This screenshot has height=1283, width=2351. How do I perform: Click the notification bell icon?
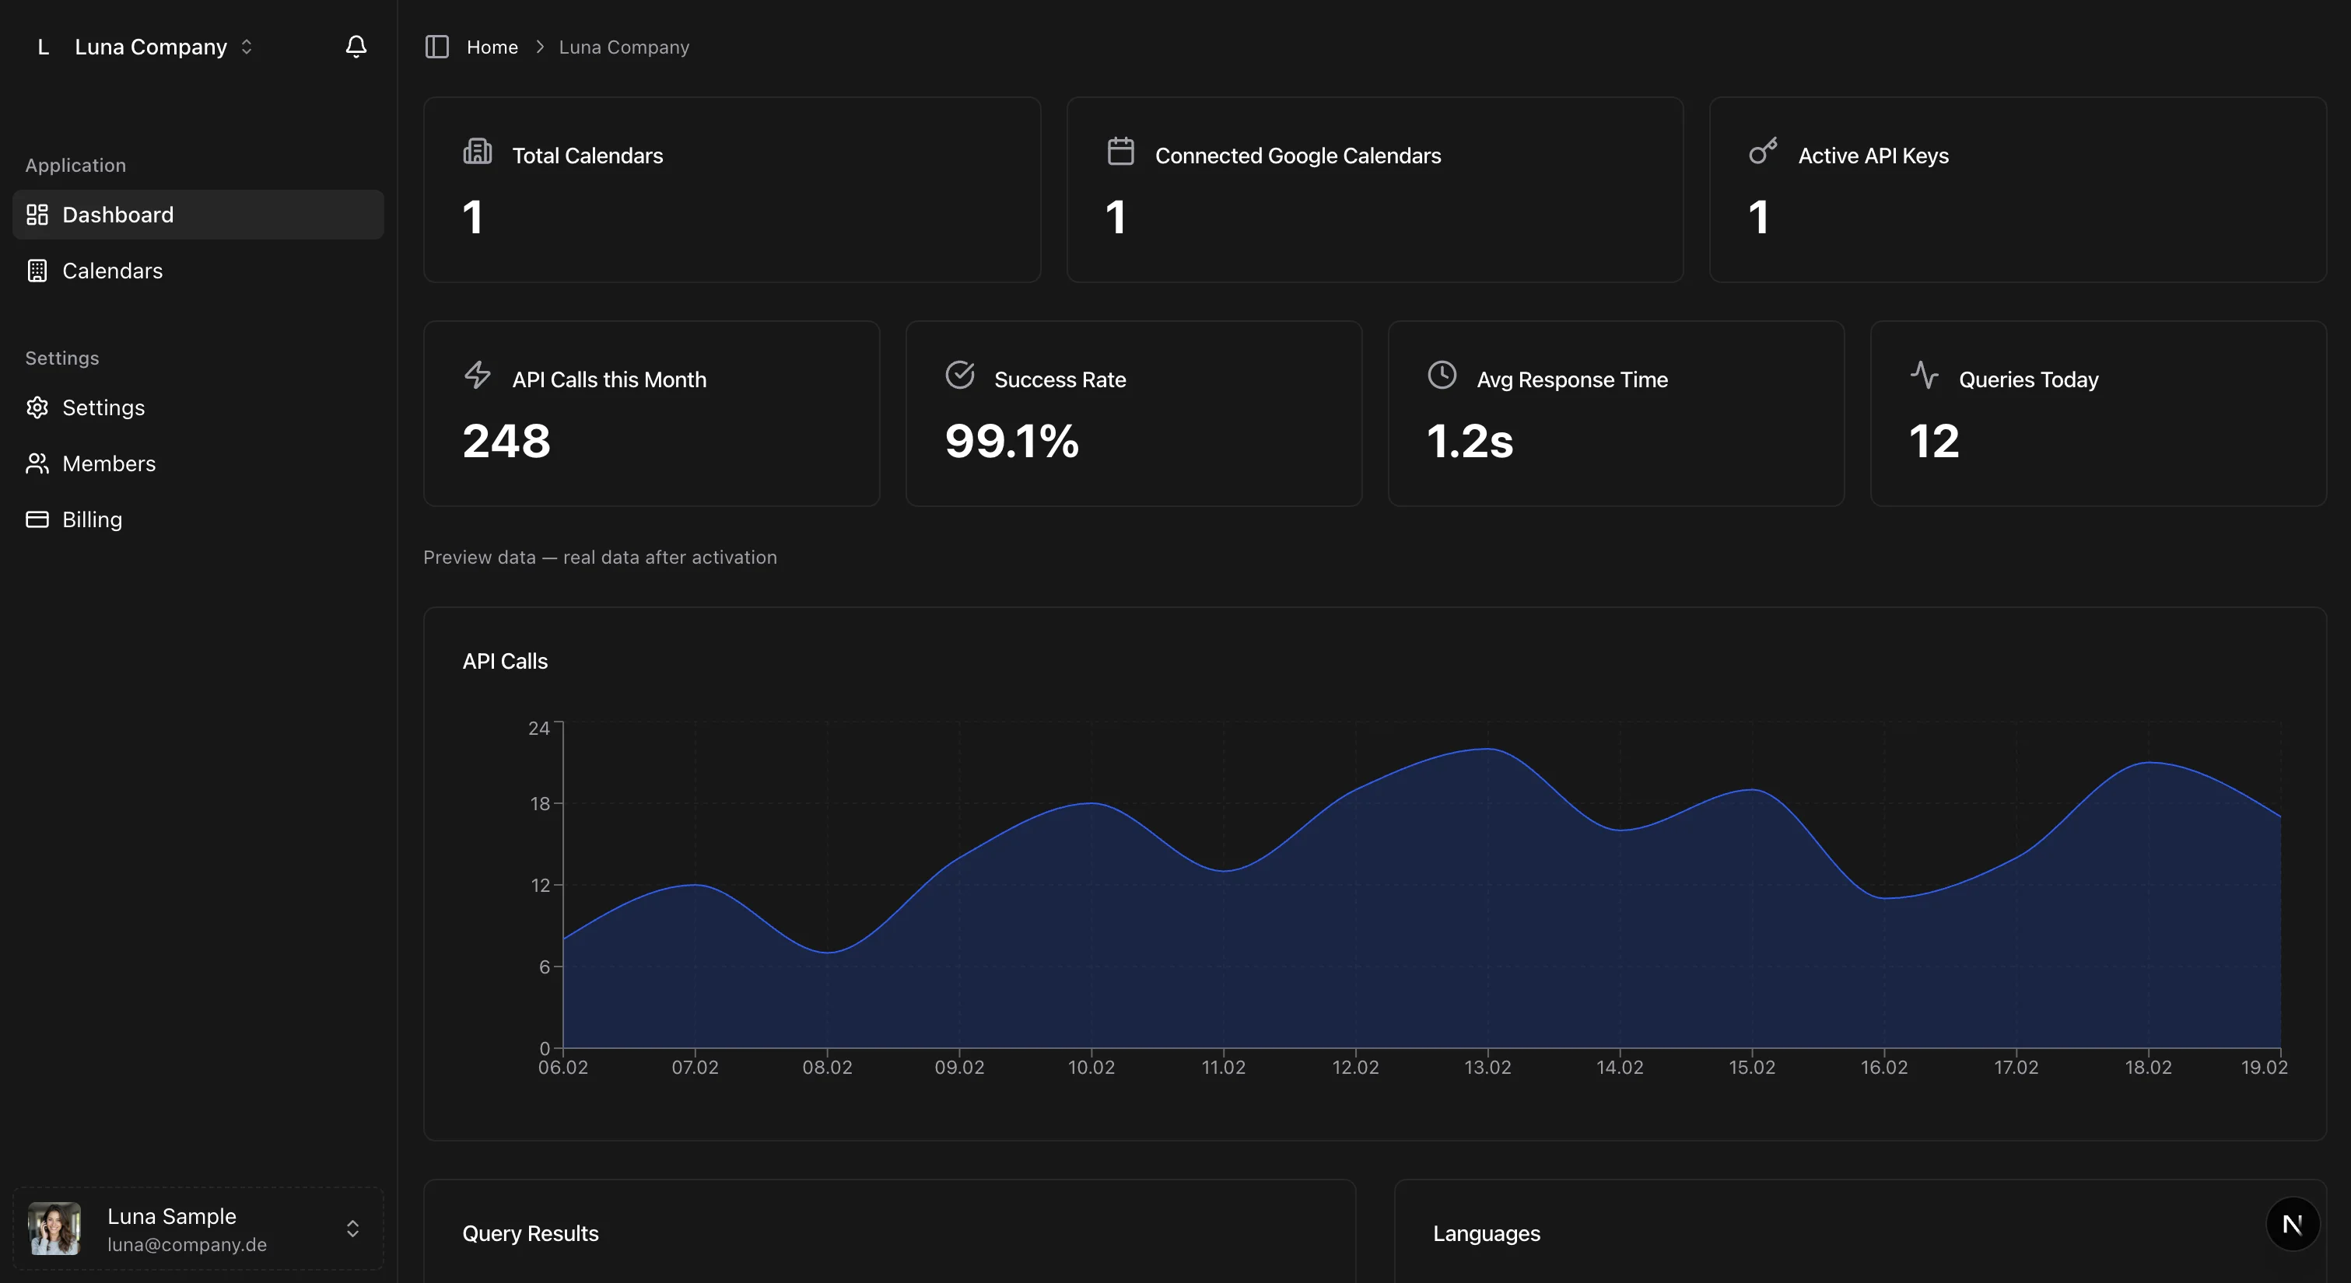tap(356, 47)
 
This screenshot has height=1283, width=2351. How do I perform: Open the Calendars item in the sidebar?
tap(111, 271)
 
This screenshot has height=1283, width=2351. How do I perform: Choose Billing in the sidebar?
tap(91, 519)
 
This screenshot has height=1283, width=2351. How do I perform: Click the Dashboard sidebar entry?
tap(117, 215)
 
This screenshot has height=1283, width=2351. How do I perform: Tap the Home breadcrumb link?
tap(492, 47)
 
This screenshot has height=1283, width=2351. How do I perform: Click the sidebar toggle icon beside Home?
tap(437, 47)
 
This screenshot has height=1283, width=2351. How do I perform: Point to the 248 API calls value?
tap(506, 442)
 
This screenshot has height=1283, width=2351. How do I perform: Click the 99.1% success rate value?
tap(1011, 442)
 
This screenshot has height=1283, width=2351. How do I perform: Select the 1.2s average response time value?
tap(1470, 442)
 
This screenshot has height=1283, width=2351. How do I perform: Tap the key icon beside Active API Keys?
tap(1762, 152)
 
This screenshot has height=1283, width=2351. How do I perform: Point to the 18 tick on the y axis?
tap(540, 804)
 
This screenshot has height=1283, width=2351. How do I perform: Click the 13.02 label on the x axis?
tap(1487, 1068)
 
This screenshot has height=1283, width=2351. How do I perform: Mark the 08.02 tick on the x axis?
tap(827, 1068)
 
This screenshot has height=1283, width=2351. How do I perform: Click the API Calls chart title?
tap(505, 662)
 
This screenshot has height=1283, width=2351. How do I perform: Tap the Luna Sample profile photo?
tap(54, 1229)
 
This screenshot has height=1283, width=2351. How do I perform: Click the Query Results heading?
tap(531, 1234)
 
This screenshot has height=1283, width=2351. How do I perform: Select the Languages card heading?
tap(1486, 1234)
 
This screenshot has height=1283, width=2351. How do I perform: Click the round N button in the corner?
tap(2292, 1225)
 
